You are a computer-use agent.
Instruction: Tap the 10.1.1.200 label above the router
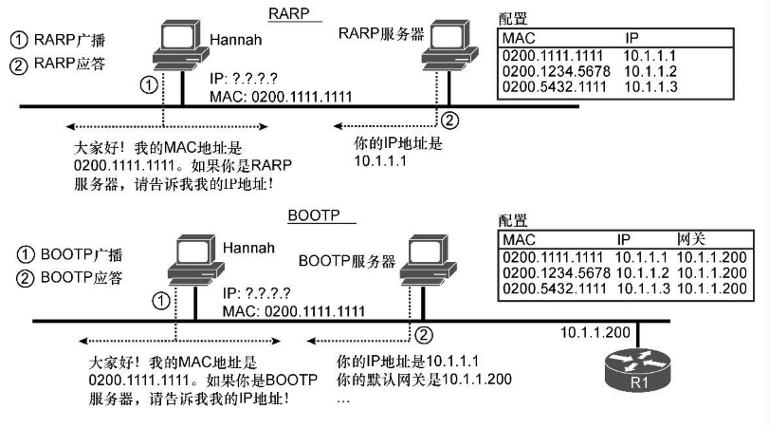click(595, 334)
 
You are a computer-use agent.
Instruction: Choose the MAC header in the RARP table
click(519, 39)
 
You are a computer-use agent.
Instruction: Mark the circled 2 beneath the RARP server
click(450, 120)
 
